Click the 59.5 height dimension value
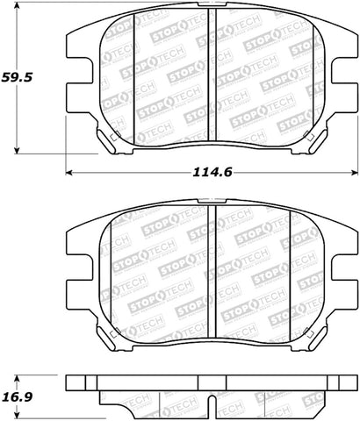[17, 77]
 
